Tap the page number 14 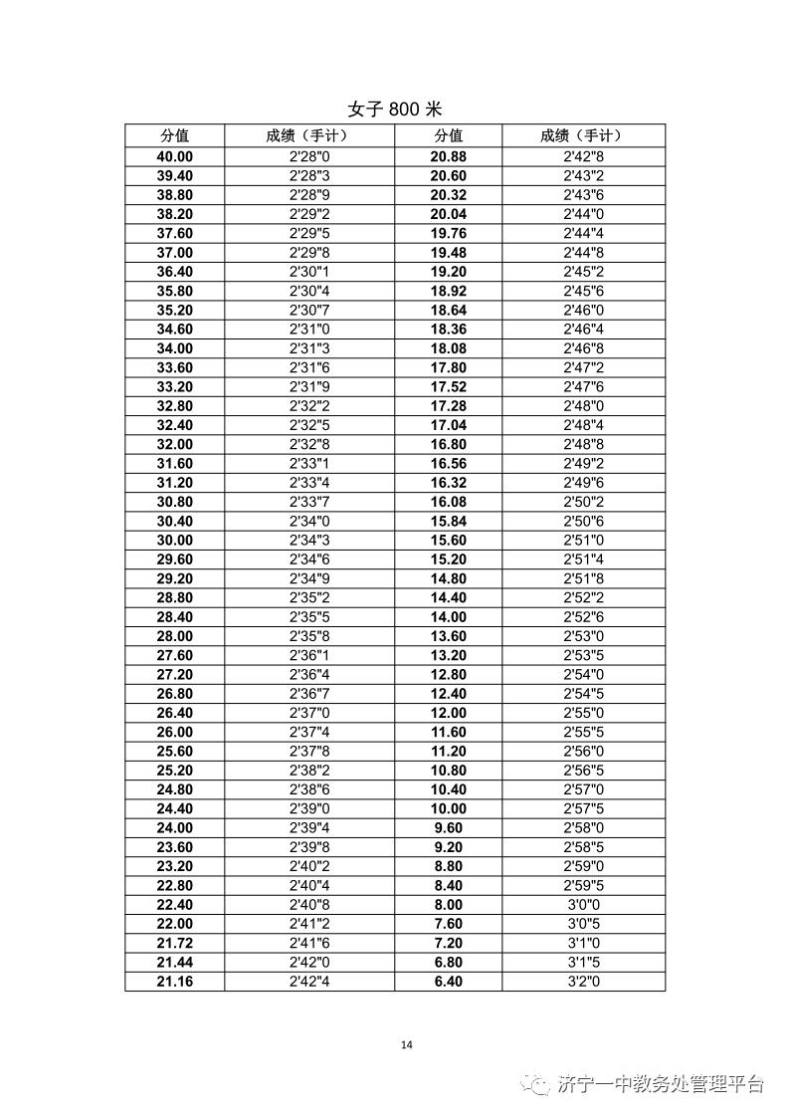coord(405,1044)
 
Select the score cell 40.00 coord(175,157)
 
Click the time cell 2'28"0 coord(309,157)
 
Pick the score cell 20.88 coord(448,157)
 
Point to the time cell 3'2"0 coord(583,982)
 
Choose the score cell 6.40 coord(448,982)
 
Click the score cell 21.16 coord(175,982)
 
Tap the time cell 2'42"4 coord(309,982)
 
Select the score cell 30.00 coord(175,541)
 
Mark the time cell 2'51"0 coord(583,541)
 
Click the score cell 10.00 coord(448,808)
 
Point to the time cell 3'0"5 coord(583,924)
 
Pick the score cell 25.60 coord(175,752)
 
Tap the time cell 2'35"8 coord(309,636)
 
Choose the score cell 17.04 coord(448,425)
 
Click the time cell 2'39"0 coord(309,808)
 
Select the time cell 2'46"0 coord(583,310)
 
